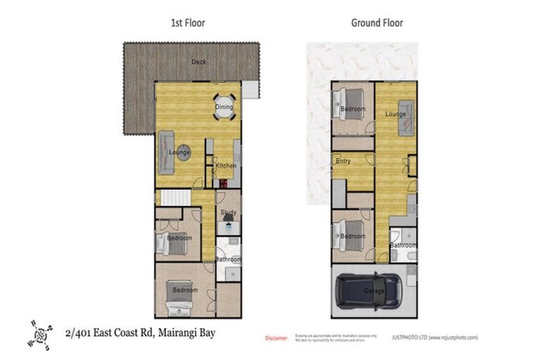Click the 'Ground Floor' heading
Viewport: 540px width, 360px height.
click(x=377, y=22)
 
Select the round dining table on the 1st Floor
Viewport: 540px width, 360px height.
click(x=224, y=107)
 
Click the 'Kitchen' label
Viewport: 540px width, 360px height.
click(x=225, y=165)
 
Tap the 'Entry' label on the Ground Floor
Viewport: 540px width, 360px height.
click(x=343, y=162)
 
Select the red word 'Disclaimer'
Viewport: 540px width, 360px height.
click(x=276, y=338)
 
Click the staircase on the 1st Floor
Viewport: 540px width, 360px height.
click(x=176, y=198)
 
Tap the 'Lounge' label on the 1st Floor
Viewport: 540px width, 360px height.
click(x=180, y=152)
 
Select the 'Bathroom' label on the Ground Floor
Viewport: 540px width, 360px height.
click(x=404, y=245)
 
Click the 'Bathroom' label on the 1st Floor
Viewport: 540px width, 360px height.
click(x=229, y=259)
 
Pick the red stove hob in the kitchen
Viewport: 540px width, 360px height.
click(x=223, y=184)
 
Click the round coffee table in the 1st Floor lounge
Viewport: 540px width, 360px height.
click(x=182, y=153)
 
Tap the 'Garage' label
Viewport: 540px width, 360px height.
click(x=374, y=290)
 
